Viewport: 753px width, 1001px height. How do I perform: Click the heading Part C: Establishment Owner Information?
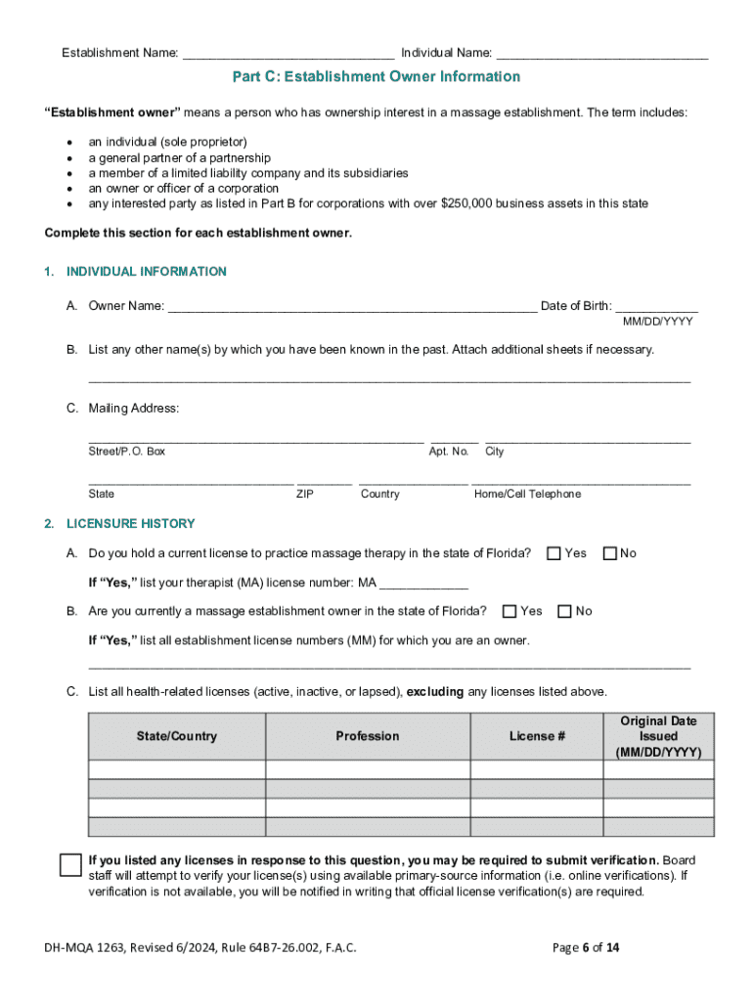(x=376, y=77)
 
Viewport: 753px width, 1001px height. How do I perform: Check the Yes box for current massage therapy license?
(x=554, y=554)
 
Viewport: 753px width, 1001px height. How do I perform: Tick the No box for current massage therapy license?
(x=610, y=554)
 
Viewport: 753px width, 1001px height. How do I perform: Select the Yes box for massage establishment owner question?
(x=509, y=612)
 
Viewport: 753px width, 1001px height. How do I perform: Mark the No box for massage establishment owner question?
(x=564, y=612)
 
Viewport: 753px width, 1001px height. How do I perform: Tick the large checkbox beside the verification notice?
(x=70, y=865)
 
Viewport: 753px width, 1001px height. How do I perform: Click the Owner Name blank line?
(x=352, y=307)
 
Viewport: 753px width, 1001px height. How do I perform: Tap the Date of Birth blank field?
(x=657, y=307)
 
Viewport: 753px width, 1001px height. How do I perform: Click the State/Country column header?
(x=177, y=736)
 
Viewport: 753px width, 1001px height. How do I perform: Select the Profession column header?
(x=368, y=736)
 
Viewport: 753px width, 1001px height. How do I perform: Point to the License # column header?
(x=537, y=736)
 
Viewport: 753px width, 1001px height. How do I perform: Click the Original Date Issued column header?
(x=658, y=736)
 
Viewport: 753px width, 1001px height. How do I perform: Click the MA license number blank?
(x=423, y=585)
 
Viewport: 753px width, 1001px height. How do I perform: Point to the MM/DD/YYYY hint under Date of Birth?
(x=658, y=322)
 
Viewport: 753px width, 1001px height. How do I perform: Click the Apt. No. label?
(x=449, y=452)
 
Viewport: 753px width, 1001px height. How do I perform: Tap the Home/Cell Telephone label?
(x=527, y=495)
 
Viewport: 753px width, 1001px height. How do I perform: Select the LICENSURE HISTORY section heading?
(x=130, y=524)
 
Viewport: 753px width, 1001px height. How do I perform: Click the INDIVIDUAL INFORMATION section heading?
(x=146, y=272)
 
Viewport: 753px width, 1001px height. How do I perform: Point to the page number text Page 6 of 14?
(x=586, y=948)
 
